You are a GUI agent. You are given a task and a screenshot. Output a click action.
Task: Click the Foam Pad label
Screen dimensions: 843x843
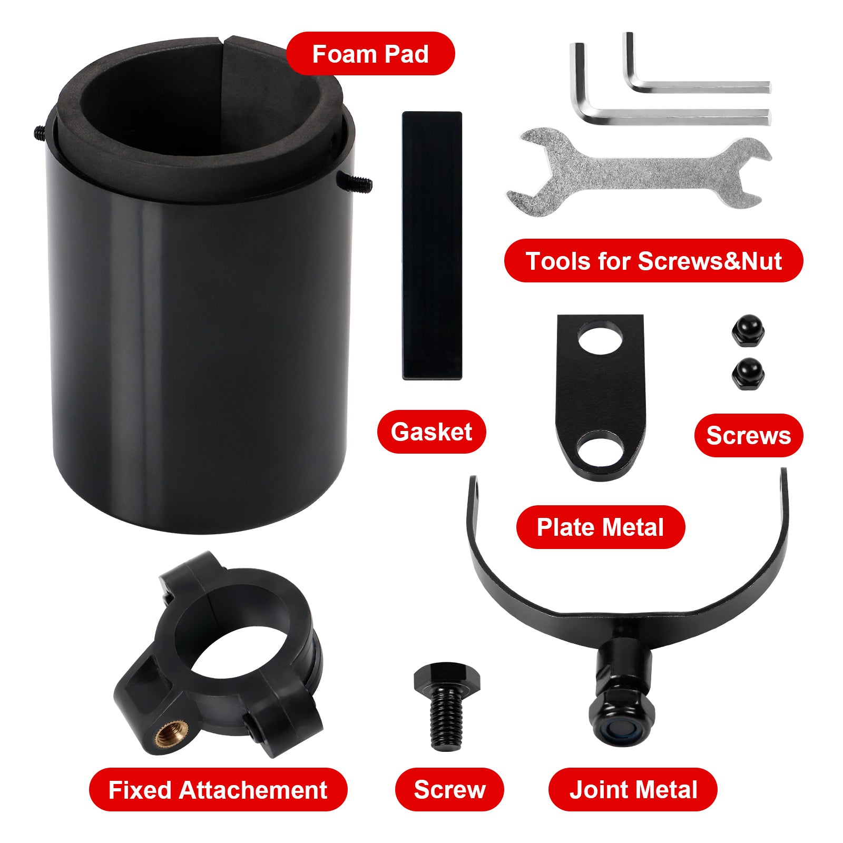tap(370, 54)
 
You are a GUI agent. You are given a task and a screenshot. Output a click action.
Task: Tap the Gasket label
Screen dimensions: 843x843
tap(432, 432)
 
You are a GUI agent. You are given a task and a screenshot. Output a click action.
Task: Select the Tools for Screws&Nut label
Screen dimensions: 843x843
tap(653, 261)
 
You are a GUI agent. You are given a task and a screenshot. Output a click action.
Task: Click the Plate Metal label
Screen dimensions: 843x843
tap(600, 527)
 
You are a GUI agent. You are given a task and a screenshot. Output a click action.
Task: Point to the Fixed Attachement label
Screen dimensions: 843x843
tap(218, 790)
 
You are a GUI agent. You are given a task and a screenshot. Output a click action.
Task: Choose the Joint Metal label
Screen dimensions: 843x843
tap(633, 790)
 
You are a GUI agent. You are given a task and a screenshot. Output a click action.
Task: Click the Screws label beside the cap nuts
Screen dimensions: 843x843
tap(748, 436)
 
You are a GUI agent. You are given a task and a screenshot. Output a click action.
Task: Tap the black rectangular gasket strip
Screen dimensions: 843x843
tap(432, 246)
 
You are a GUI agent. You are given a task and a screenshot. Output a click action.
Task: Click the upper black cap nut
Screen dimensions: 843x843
tap(748, 330)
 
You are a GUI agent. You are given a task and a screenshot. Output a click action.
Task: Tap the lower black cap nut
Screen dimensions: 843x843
tap(748, 374)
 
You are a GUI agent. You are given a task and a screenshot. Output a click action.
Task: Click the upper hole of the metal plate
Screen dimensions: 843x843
tap(600, 338)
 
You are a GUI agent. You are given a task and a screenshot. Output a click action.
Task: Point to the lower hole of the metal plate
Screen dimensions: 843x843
tap(600, 448)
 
